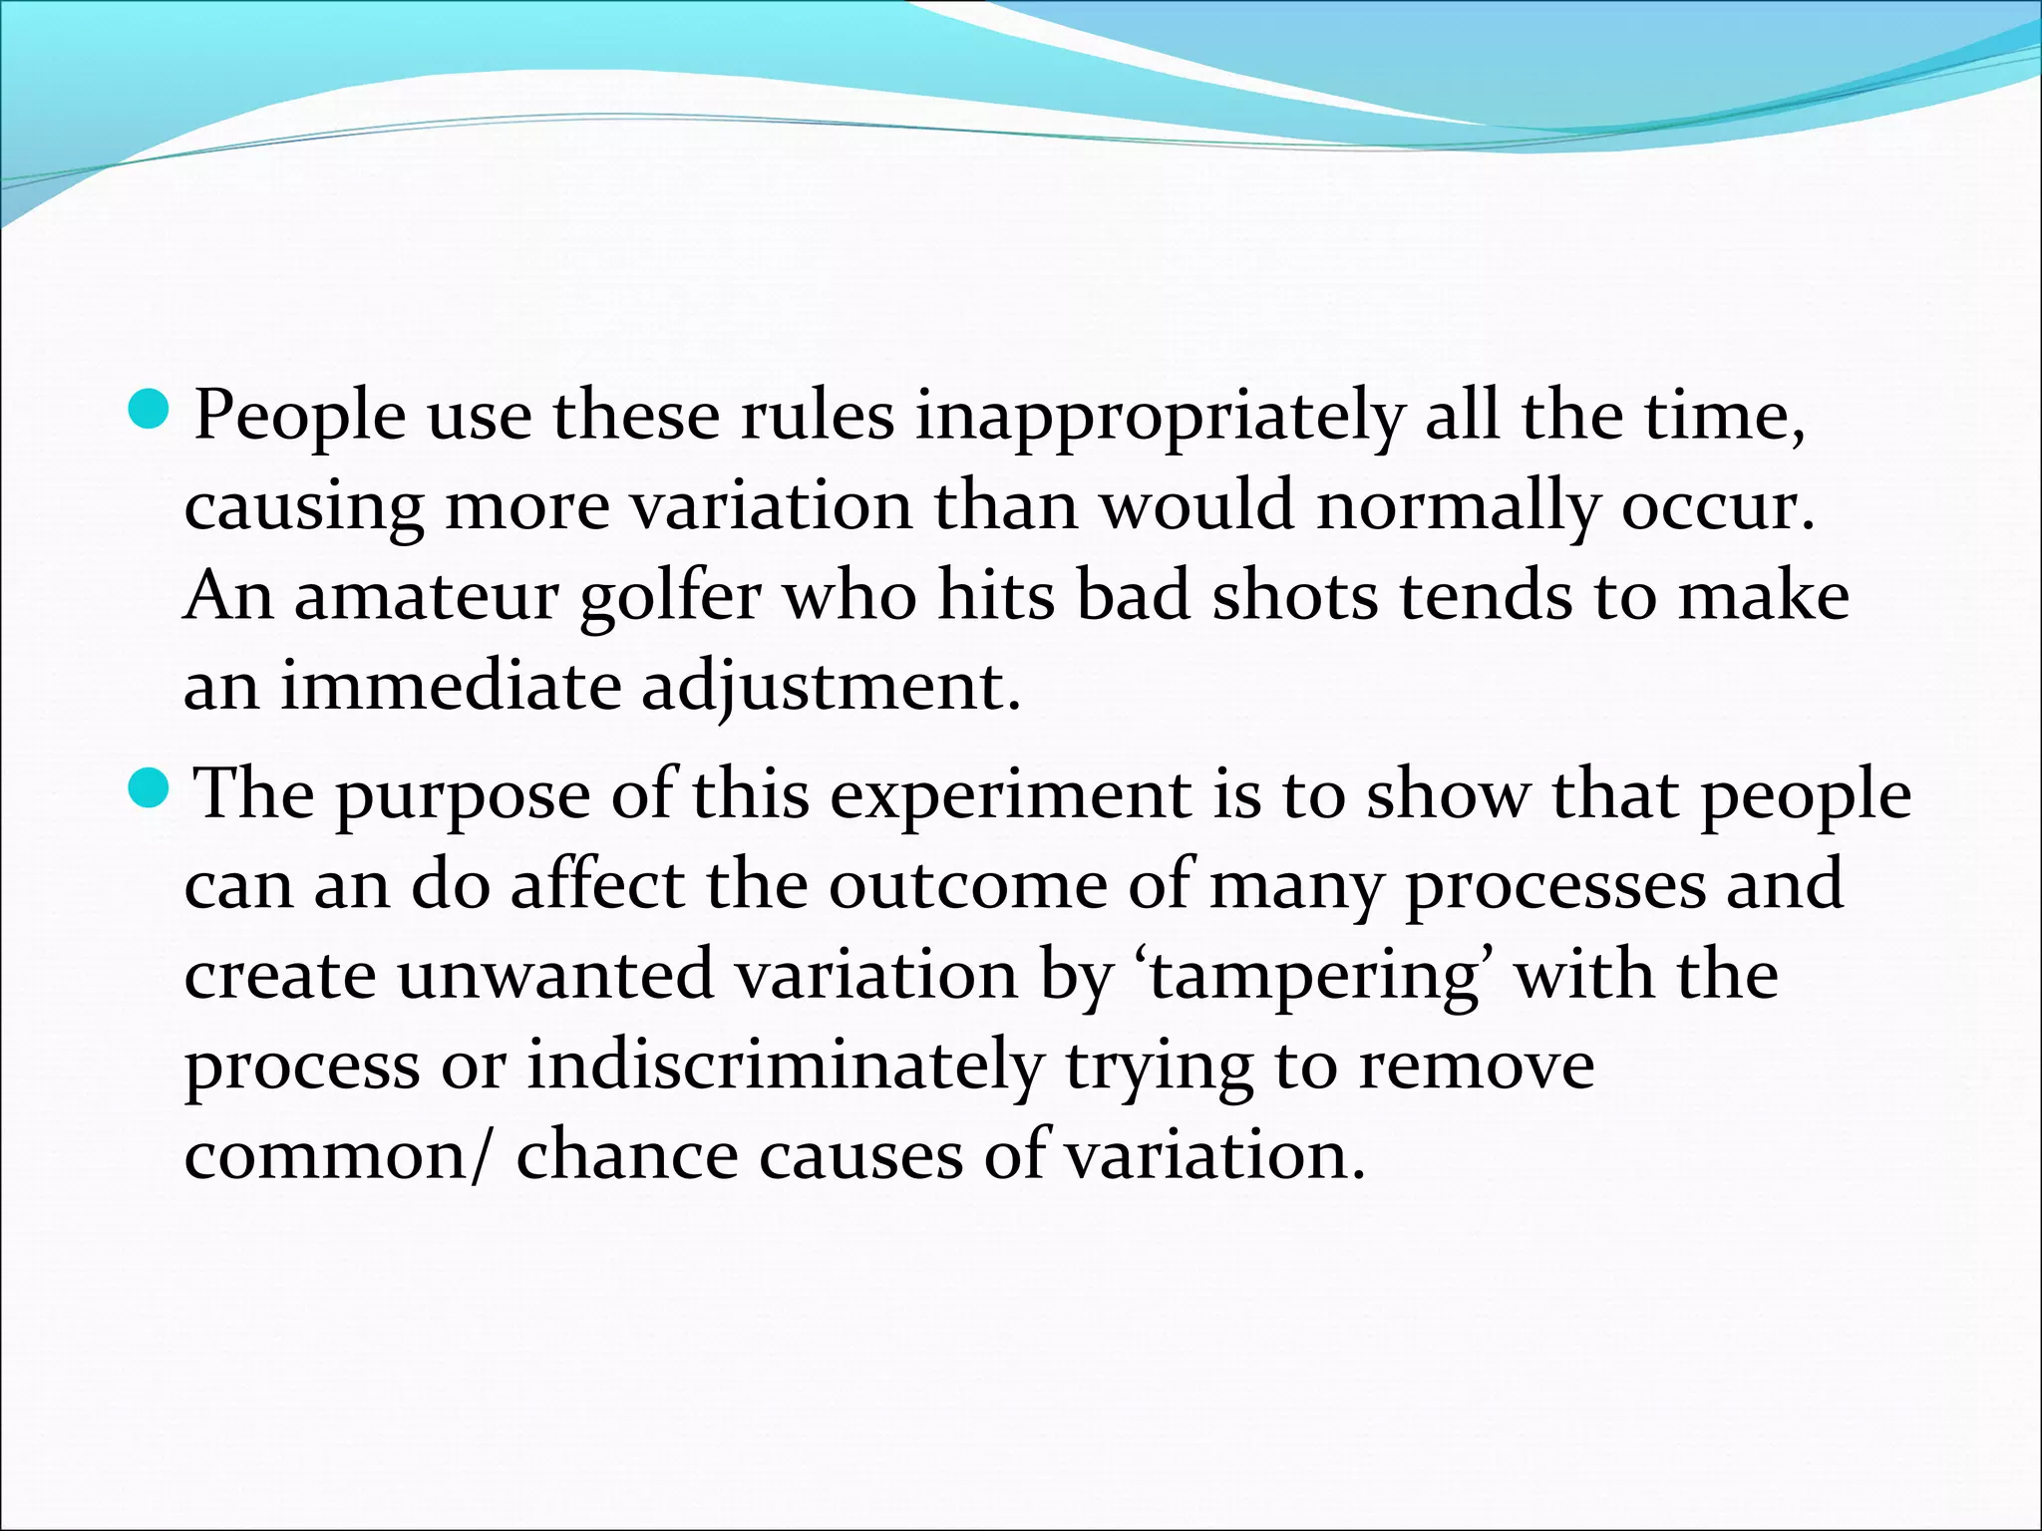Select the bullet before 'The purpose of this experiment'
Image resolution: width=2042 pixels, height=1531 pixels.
(152, 788)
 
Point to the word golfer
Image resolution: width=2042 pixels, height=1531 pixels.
(670, 598)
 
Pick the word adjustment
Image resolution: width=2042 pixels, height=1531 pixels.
(831, 689)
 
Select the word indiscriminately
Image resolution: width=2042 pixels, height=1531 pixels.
(785, 1067)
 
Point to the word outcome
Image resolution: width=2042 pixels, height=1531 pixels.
(967, 885)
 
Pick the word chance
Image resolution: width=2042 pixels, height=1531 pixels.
(626, 1156)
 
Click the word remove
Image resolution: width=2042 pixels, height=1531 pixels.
(1477, 1067)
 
